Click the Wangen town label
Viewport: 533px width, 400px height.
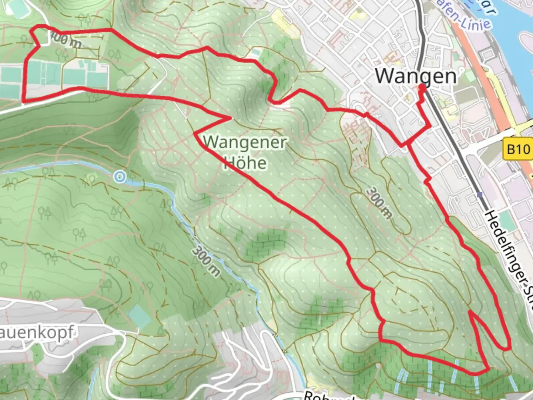coord(416,76)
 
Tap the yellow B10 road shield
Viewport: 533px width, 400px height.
coord(518,149)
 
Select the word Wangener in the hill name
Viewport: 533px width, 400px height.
coord(245,142)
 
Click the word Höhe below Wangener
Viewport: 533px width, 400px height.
coord(245,163)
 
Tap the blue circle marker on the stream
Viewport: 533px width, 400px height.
coord(119,177)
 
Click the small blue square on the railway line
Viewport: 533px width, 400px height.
coord(480,194)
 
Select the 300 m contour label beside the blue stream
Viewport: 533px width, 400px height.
coord(206,261)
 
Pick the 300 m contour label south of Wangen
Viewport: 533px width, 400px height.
coord(378,203)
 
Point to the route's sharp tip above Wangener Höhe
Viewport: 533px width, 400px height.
coord(231,118)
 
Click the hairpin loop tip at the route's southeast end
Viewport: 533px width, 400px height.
coord(506,348)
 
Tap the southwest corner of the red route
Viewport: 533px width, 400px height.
coord(24,101)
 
